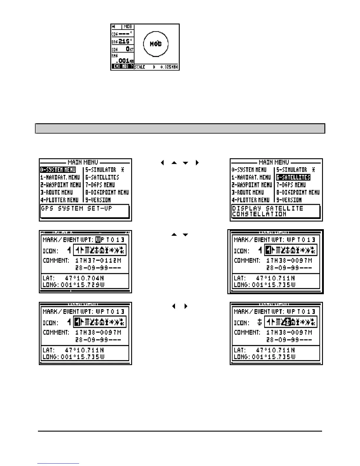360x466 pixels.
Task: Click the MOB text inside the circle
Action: click(x=156, y=44)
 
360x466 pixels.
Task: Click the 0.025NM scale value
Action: click(x=169, y=67)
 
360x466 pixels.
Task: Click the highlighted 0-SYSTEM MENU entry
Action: click(x=58, y=170)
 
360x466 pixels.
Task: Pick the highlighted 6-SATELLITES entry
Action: click(x=293, y=177)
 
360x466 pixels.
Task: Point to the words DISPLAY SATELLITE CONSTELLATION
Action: click(x=267, y=211)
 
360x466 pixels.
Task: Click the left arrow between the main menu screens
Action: click(x=162, y=163)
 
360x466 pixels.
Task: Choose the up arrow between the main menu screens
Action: click(x=174, y=163)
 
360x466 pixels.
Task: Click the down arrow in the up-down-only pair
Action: click(x=185, y=235)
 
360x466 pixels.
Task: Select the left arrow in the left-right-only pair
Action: click(x=174, y=306)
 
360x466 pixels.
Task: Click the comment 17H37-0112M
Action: click(x=98, y=261)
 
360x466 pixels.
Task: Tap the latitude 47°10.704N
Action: click(x=85, y=278)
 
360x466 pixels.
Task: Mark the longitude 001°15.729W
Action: click(x=82, y=285)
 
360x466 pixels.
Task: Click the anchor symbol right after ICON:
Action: click(x=259, y=323)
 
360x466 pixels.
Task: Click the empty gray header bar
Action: click(x=180, y=129)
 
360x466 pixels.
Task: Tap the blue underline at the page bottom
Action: click(x=58, y=464)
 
